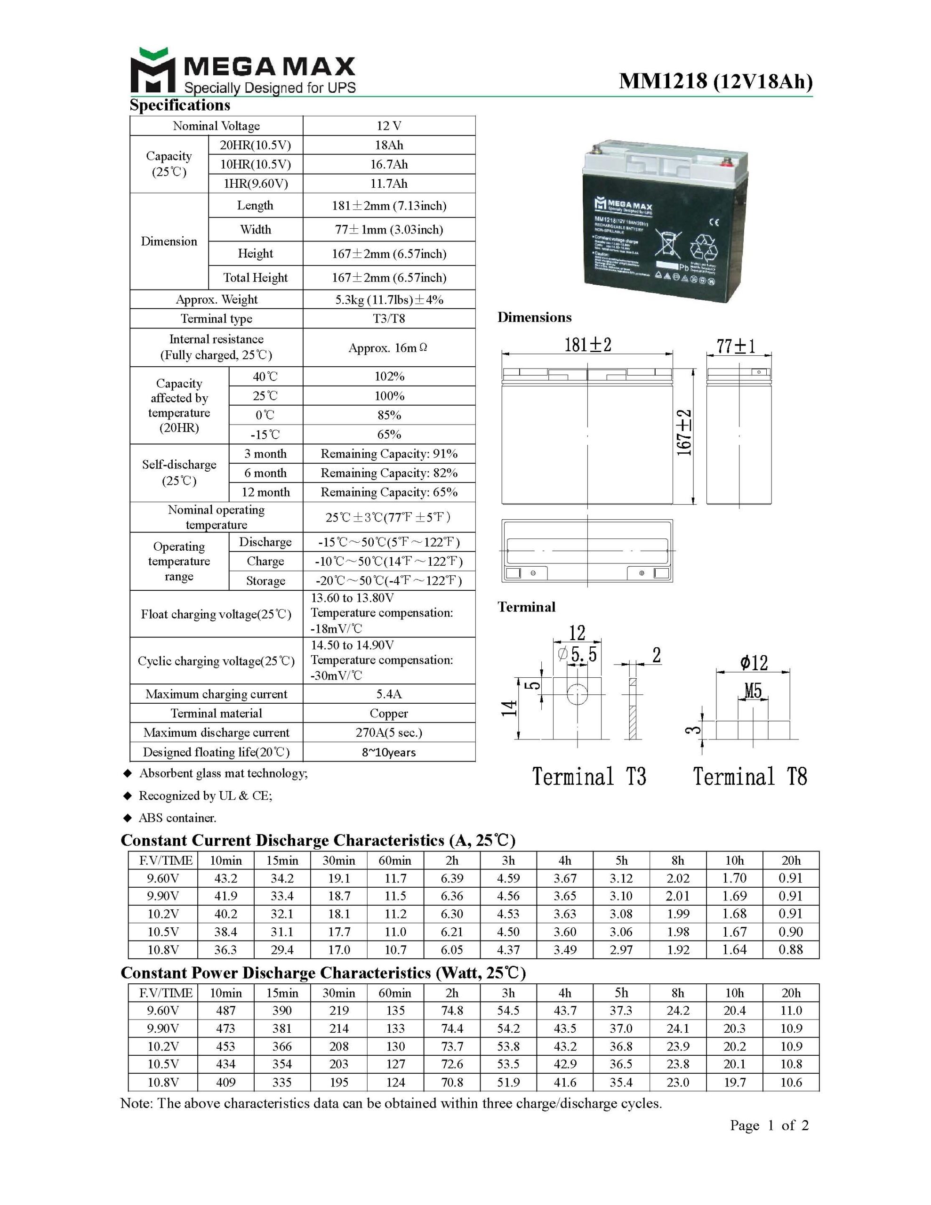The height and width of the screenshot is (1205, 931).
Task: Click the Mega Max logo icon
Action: pos(152,70)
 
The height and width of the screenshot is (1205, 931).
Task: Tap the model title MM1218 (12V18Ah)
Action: pos(715,81)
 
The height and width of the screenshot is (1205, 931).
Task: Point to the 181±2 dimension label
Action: pos(587,345)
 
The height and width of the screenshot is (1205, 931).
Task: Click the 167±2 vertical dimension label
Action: pos(684,433)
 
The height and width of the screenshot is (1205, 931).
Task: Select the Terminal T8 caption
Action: pos(749,777)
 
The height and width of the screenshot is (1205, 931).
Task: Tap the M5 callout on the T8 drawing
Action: pos(753,690)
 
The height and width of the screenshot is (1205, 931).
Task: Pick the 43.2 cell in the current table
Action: pos(226,878)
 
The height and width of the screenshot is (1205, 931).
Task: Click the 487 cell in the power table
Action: pos(226,1010)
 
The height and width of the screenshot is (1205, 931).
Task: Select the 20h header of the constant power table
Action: pos(790,993)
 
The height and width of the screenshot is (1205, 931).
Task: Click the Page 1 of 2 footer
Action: pos(769,1125)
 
